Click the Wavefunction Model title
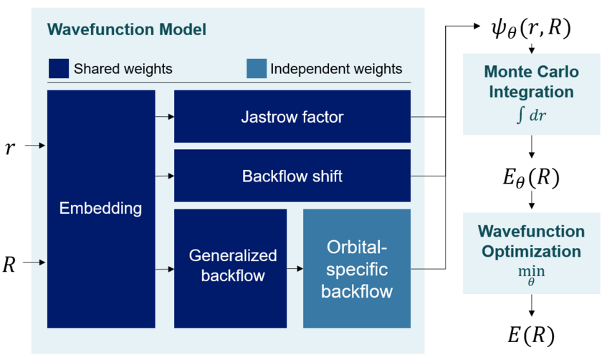[127, 29]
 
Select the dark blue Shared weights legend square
[59, 69]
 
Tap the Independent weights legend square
[257, 69]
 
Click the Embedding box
[101, 209]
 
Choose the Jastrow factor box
[292, 116]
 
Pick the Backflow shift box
[292, 176]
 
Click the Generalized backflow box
[230, 268]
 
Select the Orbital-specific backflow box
[357, 268]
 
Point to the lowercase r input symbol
[10, 148]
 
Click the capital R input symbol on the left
[9, 265]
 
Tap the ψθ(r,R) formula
[531, 28]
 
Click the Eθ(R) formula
[531, 177]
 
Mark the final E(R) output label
[531, 335]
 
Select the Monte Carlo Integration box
[532, 94]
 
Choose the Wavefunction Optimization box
[532, 253]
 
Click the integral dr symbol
[531, 115]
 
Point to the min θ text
[531, 275]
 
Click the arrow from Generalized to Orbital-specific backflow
[295, 268]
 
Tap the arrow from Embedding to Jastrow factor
[165, 116]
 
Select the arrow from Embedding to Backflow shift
[165, 176]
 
